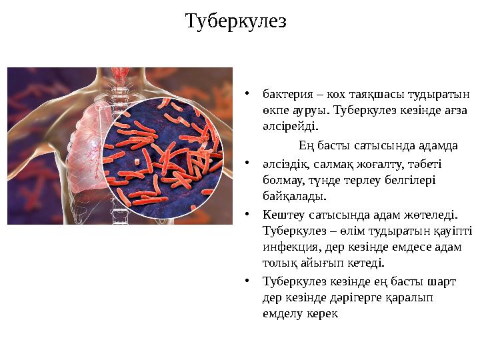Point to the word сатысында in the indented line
coord(384,145)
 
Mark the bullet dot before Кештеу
coord(246,215)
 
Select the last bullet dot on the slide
coord(246,282)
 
